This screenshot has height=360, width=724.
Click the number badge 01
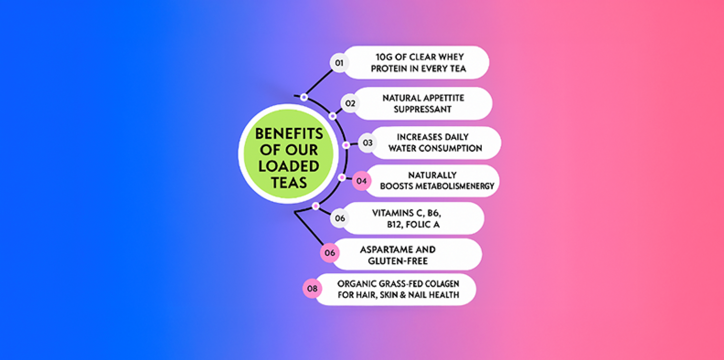pyautogui.click(x=339, y=63)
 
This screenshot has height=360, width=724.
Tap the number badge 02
pyautogui.click(x=350, y=103)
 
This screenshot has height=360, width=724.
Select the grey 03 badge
pyautogui.click(x=367, y=143)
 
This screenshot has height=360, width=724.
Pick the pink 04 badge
pyautogui.click(x=362, y=181)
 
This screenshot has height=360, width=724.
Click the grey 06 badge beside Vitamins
pyautogui.click(x=340, y=219)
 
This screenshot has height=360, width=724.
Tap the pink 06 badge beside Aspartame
pyautogui.click(x=330, y=253)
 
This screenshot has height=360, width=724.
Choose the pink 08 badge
pyautogui.click(x=312, y=289)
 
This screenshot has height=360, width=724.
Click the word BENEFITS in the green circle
pyautogui.click(x=289, y=134)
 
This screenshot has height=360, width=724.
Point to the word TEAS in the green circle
pyautogui.click(x=289, y=182)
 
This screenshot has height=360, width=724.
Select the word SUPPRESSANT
pyautogui.click(x=422, y=109)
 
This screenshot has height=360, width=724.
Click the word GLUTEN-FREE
pyautogui.click(x=398, y=261)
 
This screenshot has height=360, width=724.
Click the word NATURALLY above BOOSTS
pyautogui.click(x=432, y=175)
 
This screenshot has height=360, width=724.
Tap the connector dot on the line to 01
pyautogui.click(x=304, y=97)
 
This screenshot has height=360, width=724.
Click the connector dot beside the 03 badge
pyautogui.click(x=346, y=145)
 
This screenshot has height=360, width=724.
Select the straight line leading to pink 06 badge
pyautogui.click(x=309, y=228)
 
